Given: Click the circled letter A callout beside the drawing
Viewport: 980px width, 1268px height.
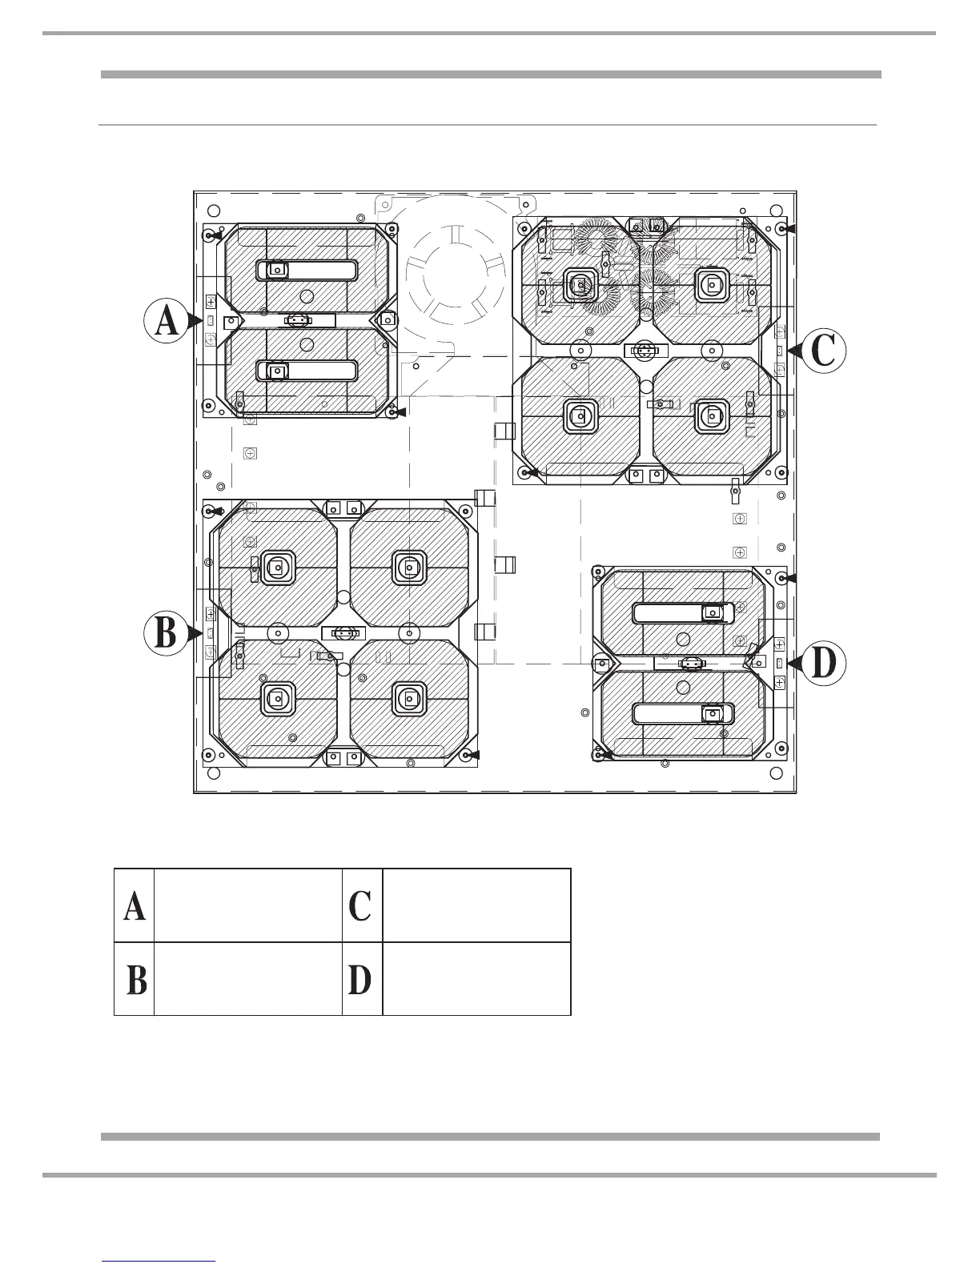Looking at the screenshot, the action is [166, 320].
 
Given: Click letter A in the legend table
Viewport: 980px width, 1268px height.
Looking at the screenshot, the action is [135, 905].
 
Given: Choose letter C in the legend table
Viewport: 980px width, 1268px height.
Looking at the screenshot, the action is [360, 905].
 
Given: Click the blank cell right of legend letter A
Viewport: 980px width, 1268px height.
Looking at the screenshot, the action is [247, 905].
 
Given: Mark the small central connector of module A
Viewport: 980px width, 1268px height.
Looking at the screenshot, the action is [297, 320].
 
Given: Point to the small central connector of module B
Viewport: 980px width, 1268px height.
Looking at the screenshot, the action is [344, 632].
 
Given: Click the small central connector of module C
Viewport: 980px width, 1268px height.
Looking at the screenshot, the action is [645, 351].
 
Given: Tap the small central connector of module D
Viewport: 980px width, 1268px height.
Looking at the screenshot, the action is [689, 663].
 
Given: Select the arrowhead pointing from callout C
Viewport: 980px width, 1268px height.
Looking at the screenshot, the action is [792, 351].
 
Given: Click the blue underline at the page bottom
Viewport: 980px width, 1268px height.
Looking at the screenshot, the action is [159, 1261].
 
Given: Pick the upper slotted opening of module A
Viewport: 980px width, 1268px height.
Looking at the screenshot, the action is [306, 270].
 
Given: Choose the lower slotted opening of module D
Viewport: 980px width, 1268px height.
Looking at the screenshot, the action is [683, 712].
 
